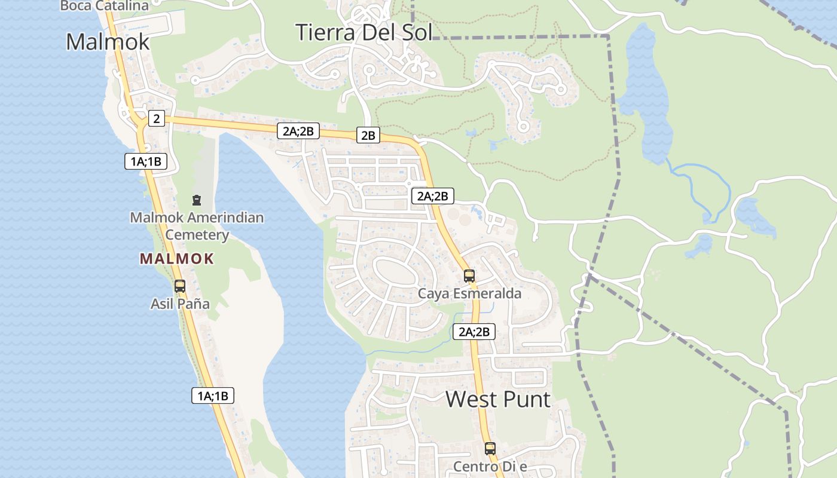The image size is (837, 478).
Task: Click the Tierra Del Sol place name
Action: (x=363, y=32)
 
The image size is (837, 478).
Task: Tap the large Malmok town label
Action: (x=108, y=42)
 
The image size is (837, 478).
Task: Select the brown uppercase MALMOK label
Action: (x=176, y=259)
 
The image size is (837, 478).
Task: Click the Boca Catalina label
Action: (x=105, y=6)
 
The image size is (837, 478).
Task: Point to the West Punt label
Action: (x=497, y=399)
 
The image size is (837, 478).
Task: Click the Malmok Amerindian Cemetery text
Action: (x=197, y=226)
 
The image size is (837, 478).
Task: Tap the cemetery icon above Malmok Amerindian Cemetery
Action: (x=197, y=200)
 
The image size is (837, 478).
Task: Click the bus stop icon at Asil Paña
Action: (x=180, y=286)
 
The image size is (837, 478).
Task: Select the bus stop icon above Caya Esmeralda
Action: (x=469, y=276)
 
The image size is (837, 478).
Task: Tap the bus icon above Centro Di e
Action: (x=490, y=448)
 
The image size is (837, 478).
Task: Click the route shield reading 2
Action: (x=156, y=118)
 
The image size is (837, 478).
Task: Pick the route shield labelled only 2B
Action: (x=368, y=135)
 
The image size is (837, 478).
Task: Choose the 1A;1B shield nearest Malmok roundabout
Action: (x=146, y=161)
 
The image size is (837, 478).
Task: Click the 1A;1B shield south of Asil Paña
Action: (x=212, y=395)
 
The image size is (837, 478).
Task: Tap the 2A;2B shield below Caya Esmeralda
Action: (x=474, y=332)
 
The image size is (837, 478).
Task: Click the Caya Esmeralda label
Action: (x=469, y=293)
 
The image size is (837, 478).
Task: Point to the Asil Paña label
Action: (x=180, y=304)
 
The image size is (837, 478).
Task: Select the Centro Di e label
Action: (x=490, y=466)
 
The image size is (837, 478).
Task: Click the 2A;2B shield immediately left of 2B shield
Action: (x=298, y=131)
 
